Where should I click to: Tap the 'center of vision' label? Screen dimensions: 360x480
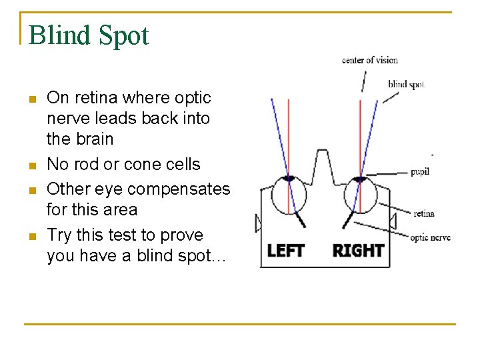tap(370, 60)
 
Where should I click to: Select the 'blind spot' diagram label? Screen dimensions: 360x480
tap(406, 85)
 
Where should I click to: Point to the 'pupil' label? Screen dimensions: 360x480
tap(419, 172)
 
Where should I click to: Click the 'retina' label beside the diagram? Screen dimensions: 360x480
tap(424, 213)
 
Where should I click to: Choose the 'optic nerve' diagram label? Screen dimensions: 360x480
tap(430, 237)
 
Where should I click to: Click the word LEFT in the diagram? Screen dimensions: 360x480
tap(285, 251)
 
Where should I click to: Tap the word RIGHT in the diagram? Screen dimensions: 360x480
tap(358, 251)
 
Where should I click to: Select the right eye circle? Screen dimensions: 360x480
tap(360, 195)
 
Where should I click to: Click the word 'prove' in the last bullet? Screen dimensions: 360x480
tap(181, 235)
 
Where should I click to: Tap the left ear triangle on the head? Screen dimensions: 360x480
tap(257, 223)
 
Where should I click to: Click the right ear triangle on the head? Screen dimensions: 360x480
tap(393, 221)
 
